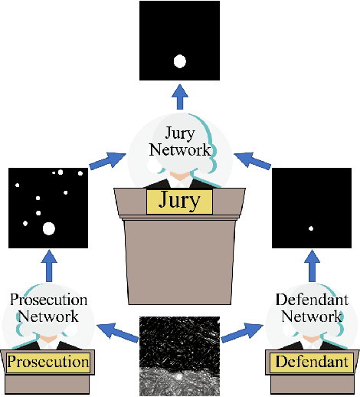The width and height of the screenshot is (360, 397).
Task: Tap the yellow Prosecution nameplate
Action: pyautogui.click(x=48, y=362)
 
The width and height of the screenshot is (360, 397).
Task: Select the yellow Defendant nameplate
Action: pyautogui.click(x=312, y=362)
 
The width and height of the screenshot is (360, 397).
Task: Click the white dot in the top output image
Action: pyautogui.click(x=180, y=61)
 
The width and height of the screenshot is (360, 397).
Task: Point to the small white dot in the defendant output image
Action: pyautogui.click(x=311, y=228)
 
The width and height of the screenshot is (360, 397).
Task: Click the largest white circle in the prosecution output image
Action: pyautogui.click(x=49, y=228)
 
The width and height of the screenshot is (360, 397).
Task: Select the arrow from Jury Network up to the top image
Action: pyautogui.click(x=180, y=96)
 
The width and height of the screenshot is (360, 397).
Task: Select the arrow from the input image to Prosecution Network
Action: pyautogui.click(x=118, y=332)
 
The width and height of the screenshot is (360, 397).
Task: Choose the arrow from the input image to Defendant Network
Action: pyautogui.click(x=240, y=332)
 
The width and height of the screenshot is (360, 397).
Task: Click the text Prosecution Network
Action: pyautogui.click(x=48, y=307)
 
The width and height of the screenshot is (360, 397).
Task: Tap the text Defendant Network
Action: pyautogui.click(x=311, y=307)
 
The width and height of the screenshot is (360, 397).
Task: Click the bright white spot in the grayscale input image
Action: pyautogui.click(x=178, y=377)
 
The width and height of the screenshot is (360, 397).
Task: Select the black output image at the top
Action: pyautogui.click(x=180, y=41)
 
